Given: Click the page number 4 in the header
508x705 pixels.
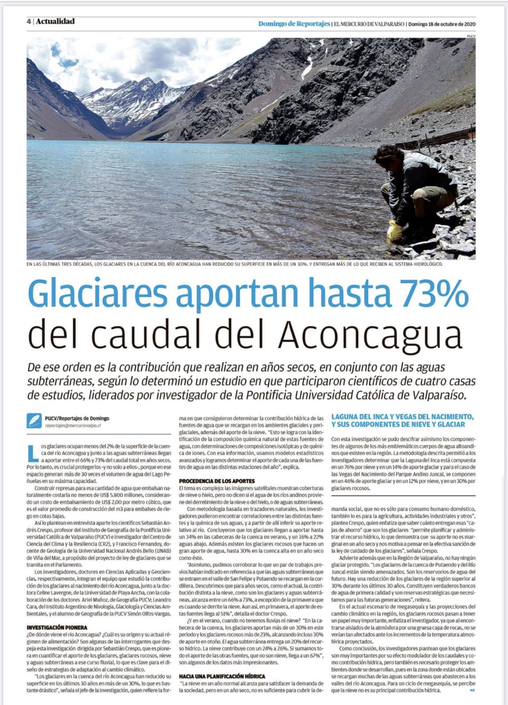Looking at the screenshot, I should (29, 22).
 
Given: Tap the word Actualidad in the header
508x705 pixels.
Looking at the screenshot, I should (55, 21).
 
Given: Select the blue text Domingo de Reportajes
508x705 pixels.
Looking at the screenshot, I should (294, 24).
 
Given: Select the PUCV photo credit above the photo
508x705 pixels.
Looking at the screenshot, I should (471, 36).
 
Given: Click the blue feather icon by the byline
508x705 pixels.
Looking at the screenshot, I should (34, 421).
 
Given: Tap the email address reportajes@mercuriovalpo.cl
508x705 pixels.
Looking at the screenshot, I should (73, 426).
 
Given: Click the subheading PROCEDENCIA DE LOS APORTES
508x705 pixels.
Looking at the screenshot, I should (217, 481).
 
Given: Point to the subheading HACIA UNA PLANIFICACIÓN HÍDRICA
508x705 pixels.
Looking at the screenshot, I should (222, 676).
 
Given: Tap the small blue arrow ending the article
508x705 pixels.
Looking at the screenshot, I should (472, 690).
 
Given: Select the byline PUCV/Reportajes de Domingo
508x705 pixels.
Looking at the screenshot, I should (77, 418).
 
